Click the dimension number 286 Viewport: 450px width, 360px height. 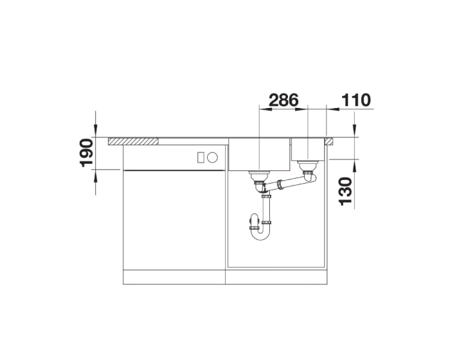point(283,100)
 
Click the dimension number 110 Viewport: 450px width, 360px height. point(356,100)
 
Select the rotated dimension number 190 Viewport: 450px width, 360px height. point(87,153)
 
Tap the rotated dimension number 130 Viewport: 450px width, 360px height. point(346,192)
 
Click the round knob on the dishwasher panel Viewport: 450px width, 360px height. point(212,157)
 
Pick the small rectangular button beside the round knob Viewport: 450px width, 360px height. point(201,157)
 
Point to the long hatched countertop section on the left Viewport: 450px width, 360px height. point(133,141)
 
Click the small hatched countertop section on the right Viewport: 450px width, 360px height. point(329,141)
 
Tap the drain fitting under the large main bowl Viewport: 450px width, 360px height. point(260,176)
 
